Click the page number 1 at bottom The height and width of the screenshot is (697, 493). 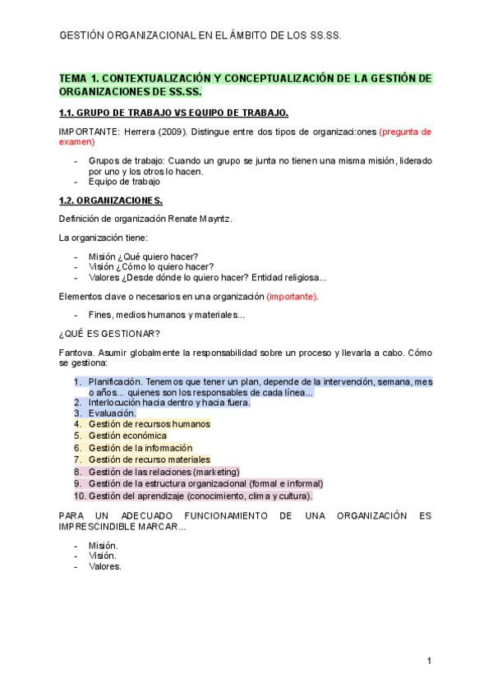click(429, 661)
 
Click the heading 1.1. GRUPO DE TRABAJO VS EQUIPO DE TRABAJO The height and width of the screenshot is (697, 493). click(173, 113)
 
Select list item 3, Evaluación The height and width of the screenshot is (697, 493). click(112, 413)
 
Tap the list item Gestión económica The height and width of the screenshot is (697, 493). click(127, 436)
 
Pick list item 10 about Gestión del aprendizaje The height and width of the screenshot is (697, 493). click(200, 496)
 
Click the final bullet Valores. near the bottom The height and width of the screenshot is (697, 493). click(104, 566)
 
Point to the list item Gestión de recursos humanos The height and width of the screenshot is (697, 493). click(149, 424)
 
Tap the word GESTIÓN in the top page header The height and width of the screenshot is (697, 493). click(82, 36)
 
